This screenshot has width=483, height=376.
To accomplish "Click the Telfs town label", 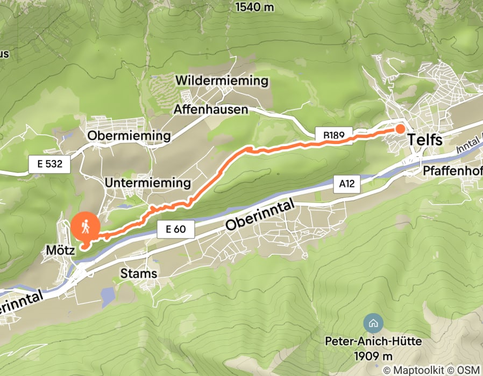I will (x=425, y=140).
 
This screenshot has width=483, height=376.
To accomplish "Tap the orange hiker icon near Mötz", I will (x=86, y=227).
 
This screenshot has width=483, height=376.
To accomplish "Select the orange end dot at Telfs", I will (x=401, y=128).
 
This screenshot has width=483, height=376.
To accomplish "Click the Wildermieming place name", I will (x=222, y=81).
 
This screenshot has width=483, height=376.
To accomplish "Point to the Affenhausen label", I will (x=211, y=110).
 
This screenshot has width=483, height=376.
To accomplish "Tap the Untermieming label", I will (x=148, y=183).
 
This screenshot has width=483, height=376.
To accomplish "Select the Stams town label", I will (x=139, y=273).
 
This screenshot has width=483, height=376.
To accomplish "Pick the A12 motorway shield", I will (x=347, y=184).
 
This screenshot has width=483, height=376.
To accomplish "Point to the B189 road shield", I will (x=337, y=134).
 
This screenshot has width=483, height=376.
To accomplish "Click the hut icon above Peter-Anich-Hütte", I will (x=372, y=323).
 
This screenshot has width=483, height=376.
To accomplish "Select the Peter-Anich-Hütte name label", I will (x=373, y=342).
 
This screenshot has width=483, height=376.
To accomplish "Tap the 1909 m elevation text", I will (x=373, y=356).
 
